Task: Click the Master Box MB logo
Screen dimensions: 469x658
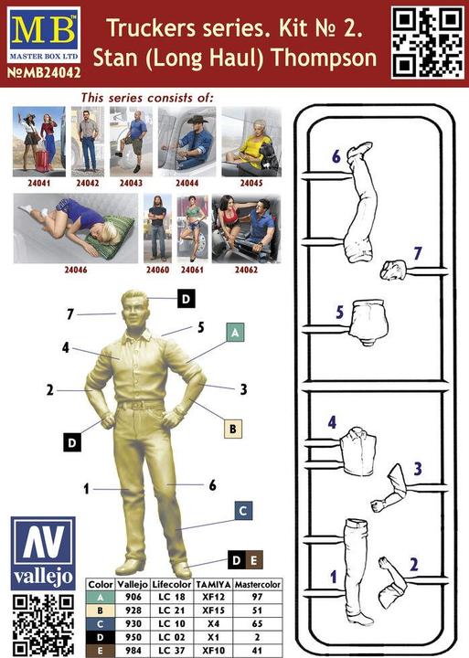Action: click(x=44, y=36)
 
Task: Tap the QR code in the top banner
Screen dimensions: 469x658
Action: click(x=428, y=42)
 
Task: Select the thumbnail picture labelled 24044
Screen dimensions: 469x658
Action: click(x=187, y=142)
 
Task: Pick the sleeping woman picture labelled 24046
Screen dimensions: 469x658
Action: click(x=76, y=228)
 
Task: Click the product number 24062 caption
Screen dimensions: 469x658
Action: click(x=246, y=270)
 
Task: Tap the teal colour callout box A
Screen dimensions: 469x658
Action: click(x=235, y=333)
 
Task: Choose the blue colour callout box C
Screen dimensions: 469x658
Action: click(x=243, y=511)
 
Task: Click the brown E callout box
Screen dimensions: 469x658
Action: click(x=254, y=560)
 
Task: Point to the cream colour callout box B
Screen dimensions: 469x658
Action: click(x=233, y=430)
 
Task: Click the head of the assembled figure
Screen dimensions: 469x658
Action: click(x=135, y=309)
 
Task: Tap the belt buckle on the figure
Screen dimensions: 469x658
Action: click(x=136, y=406)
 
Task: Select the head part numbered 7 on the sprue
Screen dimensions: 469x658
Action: click(x=394, y=270)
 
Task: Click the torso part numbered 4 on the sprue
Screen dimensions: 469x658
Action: click(x=358, y=451)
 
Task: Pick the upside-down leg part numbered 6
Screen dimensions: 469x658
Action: click(x=360, y=201)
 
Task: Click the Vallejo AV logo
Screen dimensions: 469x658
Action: click(x=43, y=554)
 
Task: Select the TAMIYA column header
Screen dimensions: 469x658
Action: click(x=213, y=584)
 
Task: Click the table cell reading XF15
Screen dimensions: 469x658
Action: click(x=213, y=610)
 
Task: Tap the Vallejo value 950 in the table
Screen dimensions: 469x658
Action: click(x=133, y=637)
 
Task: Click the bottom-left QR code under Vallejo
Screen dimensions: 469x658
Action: click(x=43, y=625)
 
